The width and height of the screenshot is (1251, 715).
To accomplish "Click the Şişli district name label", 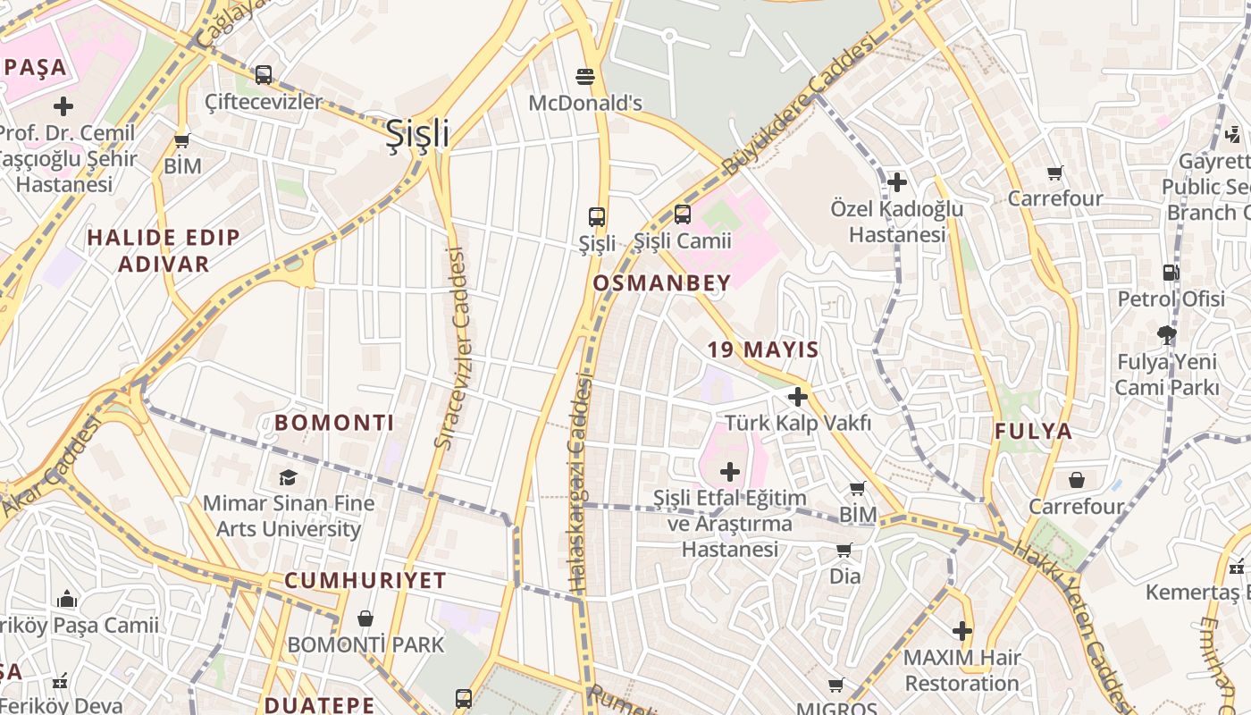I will [x=416, y=134].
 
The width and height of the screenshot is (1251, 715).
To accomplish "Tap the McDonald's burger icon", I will [x=585, y=77].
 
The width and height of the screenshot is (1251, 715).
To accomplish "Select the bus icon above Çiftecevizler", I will [x=263, y=75].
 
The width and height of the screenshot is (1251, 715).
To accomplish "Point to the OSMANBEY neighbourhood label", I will [x=662, y=283].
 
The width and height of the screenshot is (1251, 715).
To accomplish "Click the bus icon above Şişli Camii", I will [x=683, y=214].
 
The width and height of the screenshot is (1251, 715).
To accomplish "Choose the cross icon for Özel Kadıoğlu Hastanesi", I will [x=897, y=183].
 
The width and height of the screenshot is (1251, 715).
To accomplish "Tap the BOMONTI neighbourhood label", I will [x=334, y=423].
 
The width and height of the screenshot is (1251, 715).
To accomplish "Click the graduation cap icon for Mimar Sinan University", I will [x=288, y=477].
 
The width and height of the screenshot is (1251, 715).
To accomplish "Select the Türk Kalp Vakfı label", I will [x=797, y=423].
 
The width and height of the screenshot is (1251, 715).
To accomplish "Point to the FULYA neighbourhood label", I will [x=1033, y=432].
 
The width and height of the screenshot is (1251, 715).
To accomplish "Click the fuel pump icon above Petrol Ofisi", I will [x=1171, y=273].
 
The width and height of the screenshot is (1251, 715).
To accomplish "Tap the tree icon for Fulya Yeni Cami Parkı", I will [x=1166, y=335].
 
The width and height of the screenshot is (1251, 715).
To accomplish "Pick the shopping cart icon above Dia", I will [x=844, y=550].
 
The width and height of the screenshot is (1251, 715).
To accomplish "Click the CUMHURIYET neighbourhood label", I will [x=365, y=580].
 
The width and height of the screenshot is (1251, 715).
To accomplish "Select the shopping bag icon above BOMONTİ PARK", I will [x=365, y=618].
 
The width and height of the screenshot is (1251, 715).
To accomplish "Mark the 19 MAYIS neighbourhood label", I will [x=763, y=349].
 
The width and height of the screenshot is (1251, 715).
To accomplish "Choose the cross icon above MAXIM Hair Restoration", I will [x=961, y=631].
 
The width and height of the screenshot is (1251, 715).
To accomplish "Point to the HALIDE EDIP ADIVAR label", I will [x=164, y=250].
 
